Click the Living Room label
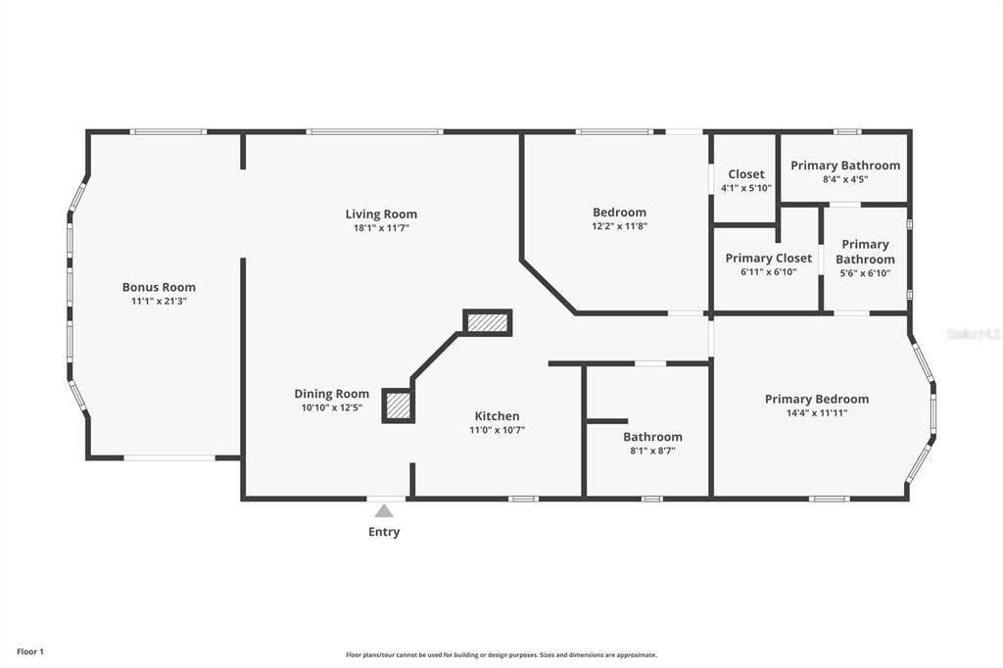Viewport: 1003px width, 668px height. point(381,214)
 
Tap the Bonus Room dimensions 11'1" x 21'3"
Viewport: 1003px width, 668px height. point(159,302)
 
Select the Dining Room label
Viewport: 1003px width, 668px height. point(332,394)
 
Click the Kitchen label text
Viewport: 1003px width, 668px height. point(498,415)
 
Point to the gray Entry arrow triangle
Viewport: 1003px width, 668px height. point(384,510)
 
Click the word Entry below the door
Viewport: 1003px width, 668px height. point(384,532)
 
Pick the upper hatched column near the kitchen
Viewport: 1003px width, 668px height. point(488,322)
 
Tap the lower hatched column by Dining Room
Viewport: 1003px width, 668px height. point(397,406)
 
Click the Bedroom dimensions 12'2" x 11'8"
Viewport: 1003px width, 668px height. point(619,226)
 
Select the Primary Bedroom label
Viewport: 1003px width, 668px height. point(817,399)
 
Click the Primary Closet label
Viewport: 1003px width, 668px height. point(769,259)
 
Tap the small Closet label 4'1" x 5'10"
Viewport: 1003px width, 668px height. point(746,180)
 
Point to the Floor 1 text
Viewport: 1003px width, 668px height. point(30,651)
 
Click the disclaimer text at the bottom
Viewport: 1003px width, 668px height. point(501,655)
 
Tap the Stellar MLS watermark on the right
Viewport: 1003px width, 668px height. point(973,334)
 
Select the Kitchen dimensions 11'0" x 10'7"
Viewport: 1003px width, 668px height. point(498,430)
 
